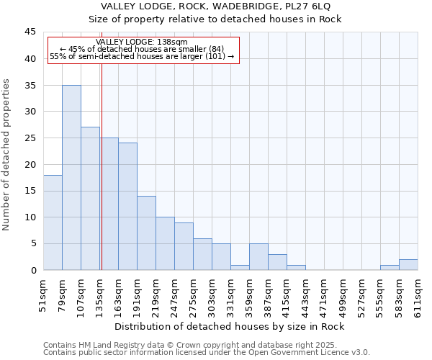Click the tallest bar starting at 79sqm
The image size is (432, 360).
(71, 178)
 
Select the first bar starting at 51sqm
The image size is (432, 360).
(53, 222)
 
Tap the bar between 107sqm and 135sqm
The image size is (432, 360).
(90, 199)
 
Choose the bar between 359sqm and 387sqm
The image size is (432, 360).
(258, 257)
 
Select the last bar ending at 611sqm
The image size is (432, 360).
(408, 265)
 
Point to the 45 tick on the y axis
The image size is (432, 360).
(30, 32)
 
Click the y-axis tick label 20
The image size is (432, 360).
(30, 164)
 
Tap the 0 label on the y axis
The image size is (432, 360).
(33, 270)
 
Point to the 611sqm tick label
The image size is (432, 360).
(422, 294)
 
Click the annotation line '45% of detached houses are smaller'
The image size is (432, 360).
(142, 49)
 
